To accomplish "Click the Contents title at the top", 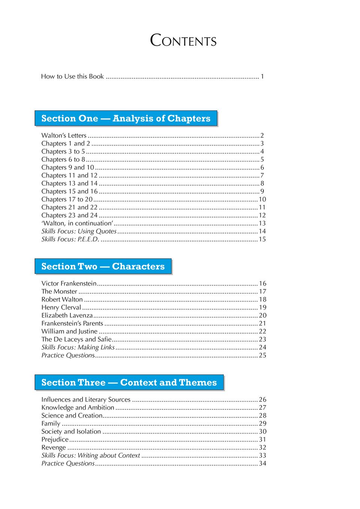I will click(x=183, y=40).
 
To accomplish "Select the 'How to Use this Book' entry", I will click(x=72, y=76).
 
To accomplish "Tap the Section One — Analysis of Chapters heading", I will click(x=126, y=118).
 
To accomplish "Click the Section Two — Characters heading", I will click(x=103, y=266).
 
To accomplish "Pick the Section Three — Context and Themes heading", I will click(x=129, y=382).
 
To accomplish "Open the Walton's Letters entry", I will click(x=64, y=135).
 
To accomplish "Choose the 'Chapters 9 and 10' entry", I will click(x=67, y=167).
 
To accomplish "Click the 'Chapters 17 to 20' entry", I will click(x=67, y=199).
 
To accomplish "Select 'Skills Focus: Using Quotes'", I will click(x=79, y=231).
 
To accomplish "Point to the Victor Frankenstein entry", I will click(x=69, y=284).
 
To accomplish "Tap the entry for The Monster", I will click(x=59, y=292).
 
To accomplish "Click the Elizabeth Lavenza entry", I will click(x=67, y=316).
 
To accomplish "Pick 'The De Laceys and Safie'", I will click(x=76, y=339).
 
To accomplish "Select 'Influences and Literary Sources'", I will click(x=86, y=400).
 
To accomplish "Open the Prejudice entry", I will click(x=55, y=439).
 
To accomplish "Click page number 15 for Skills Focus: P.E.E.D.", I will click(x=262, y=239).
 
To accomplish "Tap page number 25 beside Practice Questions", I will click(x=263, y=355).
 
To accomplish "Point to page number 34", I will click(x=263, y=463).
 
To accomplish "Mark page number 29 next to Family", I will click(x=263, y=423).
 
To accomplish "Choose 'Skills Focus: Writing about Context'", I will click(x=91, y=455).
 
